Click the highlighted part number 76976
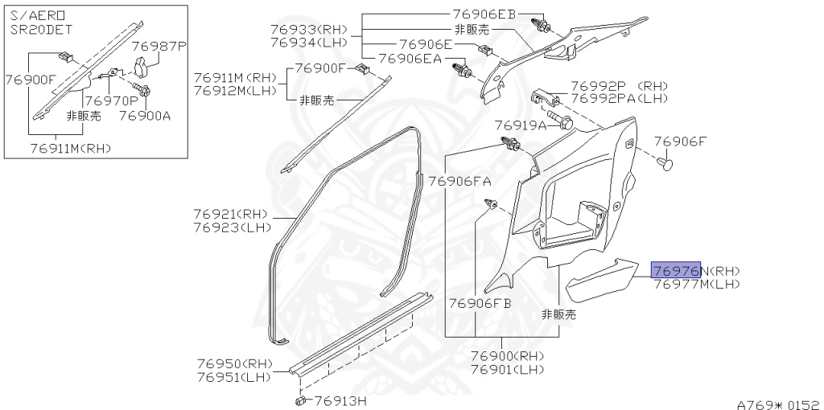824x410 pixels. coord(676,270)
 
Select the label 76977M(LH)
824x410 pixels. coord(696,284)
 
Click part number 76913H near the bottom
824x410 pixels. coord(340,400)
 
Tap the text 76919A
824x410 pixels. coord(520,125)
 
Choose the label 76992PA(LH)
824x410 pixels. coord(620,97)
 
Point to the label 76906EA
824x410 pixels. coord(410,58)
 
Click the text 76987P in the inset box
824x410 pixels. coord(159,47)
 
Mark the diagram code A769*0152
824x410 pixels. coord(777,401)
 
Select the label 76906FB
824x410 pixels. coord(480,303)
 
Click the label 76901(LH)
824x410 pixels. coord(507,369)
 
